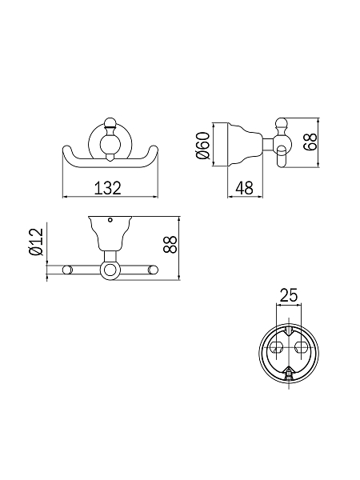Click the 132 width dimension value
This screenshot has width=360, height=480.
107,188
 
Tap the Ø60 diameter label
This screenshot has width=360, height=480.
203,146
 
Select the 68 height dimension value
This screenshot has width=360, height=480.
310,142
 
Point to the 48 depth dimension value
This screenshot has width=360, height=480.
245,188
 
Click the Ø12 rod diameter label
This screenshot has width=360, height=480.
36,242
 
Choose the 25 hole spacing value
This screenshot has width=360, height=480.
288,295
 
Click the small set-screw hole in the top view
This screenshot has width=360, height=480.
110,220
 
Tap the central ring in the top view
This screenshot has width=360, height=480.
109,270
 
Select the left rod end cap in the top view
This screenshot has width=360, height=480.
68,270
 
